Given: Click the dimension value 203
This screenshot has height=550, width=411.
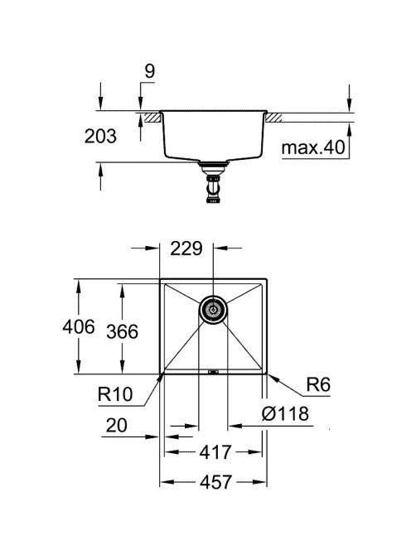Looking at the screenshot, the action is (100, 136).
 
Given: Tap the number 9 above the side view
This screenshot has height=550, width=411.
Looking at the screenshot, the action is (149, 71).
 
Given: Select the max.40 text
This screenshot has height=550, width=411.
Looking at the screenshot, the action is (313, 147).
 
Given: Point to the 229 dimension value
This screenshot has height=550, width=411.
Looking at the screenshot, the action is (186, 248).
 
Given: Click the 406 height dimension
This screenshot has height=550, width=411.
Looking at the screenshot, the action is (79, 327).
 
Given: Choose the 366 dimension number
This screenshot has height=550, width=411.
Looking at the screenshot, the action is (123, 331).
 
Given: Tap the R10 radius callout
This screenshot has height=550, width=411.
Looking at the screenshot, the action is (115, 394).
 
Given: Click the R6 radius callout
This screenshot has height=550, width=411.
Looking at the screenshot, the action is (318, 384).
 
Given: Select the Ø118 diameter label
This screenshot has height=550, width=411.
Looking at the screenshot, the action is (285, 413).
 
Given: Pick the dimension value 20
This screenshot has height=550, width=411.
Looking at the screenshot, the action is (116, 426).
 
